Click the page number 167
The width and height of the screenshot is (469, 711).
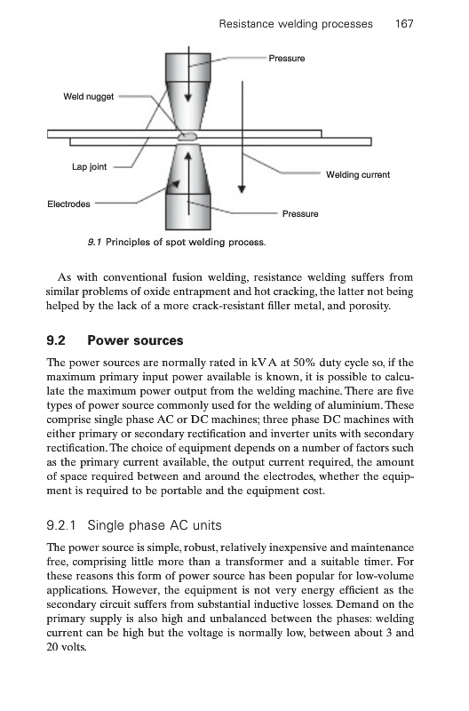pyautogui.click(x=404, y=24)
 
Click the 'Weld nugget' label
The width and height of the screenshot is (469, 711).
pyautogui.click(x=88, y=97)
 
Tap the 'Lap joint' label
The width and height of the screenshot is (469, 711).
pyautogui.click(x=89, y=167)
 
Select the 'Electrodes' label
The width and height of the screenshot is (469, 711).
pyautogui.click(x=68, y=204)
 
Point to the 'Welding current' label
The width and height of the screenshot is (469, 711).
pyautogui.click(x=358, y=175)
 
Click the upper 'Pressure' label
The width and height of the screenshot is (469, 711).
pyautogui.click(x=286, y=59)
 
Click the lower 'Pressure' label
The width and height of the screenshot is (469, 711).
pyautogui.click(x=300, y=213)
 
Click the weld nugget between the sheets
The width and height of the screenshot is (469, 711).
pyautogui.click(x=187, y=136)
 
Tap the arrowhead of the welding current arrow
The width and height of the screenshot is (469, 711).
pyautogui.click(x=242, y=189)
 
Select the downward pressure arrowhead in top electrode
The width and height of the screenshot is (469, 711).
pyautogui.click(x=188, y=98)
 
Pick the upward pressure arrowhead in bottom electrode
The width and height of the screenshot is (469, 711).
pyautogui.click(x=188, y=156)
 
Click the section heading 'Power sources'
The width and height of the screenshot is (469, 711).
pyautogui.click(x=135, y=340)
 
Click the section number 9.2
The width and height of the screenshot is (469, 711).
pyautogui.click(x=56, y=340)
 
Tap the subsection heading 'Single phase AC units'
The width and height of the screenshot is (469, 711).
pyautogui.click(x=155, y=525)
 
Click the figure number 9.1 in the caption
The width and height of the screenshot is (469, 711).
pyautogui.click(x=94, y=243)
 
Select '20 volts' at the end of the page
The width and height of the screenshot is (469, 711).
pyautogui.click(x=66, y=647)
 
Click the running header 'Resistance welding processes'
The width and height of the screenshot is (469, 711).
pyautogui.click(x=296, y=24)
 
